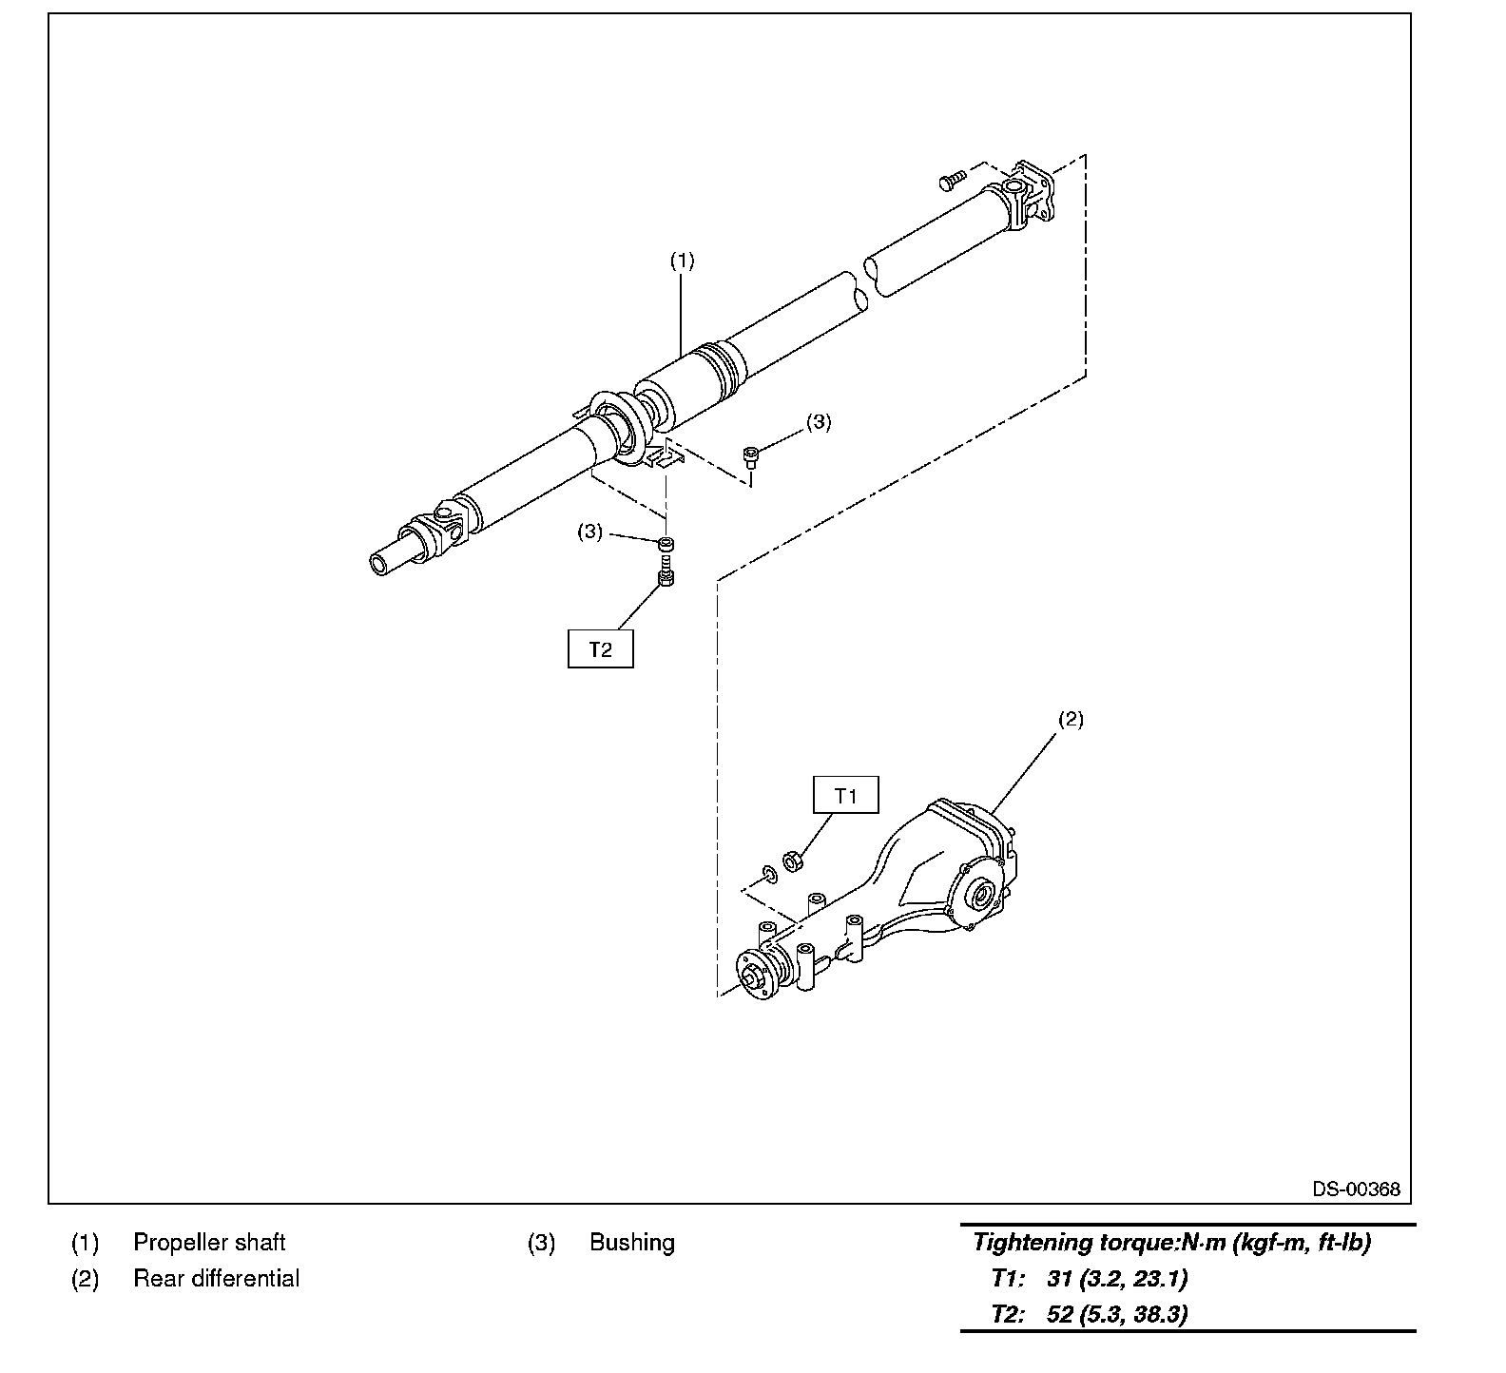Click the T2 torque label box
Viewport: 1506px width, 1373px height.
600,649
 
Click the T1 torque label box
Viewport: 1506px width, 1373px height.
845,796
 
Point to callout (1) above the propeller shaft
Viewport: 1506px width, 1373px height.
682,261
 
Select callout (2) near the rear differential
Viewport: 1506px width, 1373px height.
1071,719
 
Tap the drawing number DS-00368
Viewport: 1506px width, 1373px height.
1356,1189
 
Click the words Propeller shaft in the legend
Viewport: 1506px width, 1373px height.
209,1243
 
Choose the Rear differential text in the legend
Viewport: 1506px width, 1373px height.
216,1279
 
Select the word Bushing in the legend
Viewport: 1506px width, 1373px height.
631,1243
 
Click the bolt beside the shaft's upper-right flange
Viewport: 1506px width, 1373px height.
952,178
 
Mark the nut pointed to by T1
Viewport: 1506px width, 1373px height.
793,861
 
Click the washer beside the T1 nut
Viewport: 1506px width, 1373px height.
769,874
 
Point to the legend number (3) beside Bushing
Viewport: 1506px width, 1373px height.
541,1243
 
